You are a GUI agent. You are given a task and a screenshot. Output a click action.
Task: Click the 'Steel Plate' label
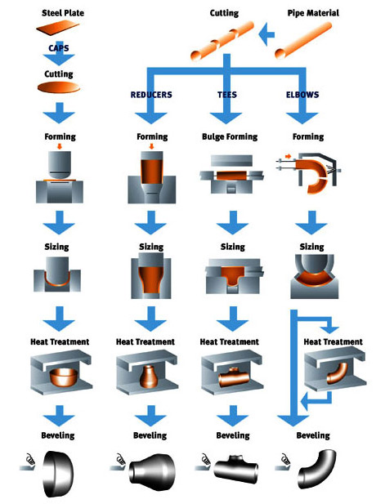coord(63,13)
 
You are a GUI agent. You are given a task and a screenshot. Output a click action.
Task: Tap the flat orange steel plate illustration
coord(58,27)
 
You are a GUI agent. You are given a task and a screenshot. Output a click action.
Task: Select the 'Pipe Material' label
coord(313,13)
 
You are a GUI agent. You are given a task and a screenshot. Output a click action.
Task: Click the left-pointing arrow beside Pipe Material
coord(266,34)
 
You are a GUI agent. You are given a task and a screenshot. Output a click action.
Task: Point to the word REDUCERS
coord(151,95)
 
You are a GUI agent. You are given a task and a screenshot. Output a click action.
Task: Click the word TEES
coord(227,95)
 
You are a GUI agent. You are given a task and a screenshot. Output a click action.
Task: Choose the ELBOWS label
coord(302,95)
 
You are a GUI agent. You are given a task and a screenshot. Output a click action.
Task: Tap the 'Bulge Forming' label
coord(230,136)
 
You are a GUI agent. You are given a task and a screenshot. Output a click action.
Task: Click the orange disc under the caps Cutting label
coord(59,87)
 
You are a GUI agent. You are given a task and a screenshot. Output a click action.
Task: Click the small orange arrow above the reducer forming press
coord(151,146)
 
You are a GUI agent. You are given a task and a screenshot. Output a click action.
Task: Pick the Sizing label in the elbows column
coord(311,247)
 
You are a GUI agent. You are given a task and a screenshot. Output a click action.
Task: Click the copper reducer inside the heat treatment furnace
coord(148,377)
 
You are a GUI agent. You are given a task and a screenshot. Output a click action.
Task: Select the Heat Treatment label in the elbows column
coord(333,341)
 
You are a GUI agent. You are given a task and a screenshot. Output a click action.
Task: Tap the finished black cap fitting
coord(58,474)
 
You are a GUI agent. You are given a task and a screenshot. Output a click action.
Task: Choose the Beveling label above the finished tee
coord(233,435)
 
